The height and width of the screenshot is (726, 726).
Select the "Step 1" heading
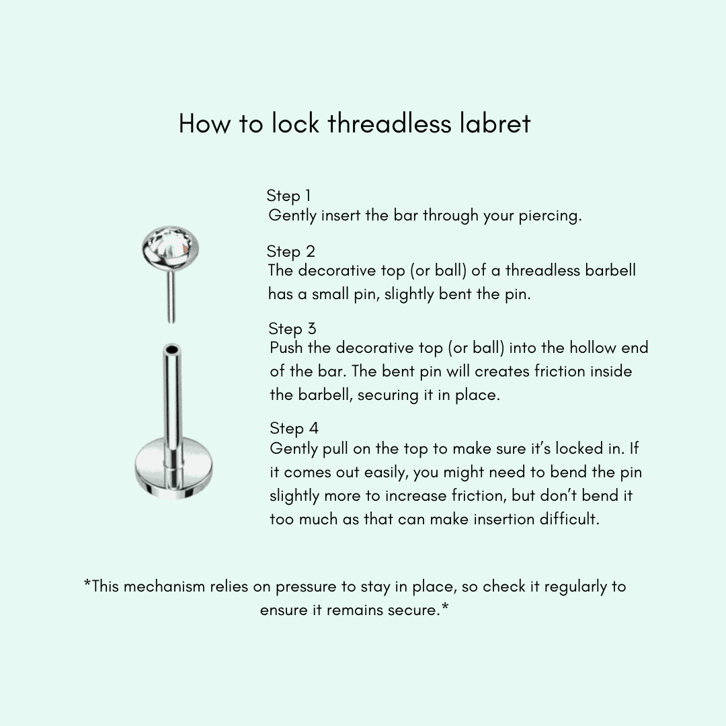coord(288,196)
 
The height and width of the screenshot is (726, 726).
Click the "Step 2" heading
coord(290,251)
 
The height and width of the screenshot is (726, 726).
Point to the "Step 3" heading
coord(292,329)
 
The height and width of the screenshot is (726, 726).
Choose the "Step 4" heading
coord(294,428)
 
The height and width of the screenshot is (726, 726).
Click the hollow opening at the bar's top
coord(172,350)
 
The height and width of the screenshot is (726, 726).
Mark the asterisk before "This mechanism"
coord(87,584)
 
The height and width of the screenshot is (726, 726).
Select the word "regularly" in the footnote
coord(575,586)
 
